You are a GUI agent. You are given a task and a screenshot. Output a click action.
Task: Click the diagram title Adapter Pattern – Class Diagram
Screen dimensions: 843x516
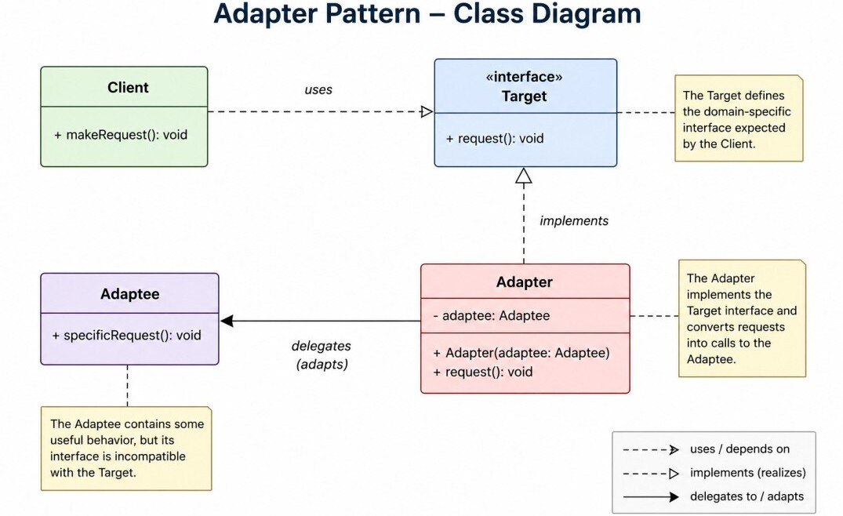click(427, 13)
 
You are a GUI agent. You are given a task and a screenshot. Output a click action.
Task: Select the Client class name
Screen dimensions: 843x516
click(128, 87)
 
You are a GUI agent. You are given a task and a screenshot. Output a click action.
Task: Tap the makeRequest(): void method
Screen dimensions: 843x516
click(121, 135)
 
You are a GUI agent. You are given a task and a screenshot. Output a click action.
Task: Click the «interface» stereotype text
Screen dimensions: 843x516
click(524, 77)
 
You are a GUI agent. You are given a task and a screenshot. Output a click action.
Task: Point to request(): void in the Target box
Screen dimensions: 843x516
click(495, 139)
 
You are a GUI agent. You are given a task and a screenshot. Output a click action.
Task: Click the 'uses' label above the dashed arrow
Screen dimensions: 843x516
click(318, 89)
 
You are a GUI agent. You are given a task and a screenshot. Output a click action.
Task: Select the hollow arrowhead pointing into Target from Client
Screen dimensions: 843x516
click(427, 112)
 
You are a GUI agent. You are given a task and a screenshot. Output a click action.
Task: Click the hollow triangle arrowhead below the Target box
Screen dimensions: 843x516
click(524, 176)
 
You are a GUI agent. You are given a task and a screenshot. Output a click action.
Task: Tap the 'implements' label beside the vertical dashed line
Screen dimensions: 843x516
click(574, 221)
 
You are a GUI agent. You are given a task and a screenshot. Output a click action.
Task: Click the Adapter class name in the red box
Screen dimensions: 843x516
click(524, 282)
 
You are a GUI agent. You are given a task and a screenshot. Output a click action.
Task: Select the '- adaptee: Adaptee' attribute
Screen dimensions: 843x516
click(492, 315)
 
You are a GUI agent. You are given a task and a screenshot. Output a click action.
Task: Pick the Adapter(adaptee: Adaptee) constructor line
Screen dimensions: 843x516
click(521, 353)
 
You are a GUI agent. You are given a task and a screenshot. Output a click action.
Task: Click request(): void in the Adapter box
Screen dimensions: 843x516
click(483, 372)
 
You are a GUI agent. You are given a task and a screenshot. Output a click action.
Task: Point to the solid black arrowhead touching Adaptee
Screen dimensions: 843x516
click(227, 321)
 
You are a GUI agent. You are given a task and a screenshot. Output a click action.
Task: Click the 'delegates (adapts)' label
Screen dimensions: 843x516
click(322, 354)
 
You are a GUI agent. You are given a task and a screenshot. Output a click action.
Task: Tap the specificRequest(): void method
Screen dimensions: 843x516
click(126, 336)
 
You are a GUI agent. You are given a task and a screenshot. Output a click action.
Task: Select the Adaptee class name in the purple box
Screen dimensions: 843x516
click(129, 294)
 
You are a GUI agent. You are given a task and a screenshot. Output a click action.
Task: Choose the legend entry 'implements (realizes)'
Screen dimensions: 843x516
click(748, 473)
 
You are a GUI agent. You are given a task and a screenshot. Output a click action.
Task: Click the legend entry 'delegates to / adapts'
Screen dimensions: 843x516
click(747, 496)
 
